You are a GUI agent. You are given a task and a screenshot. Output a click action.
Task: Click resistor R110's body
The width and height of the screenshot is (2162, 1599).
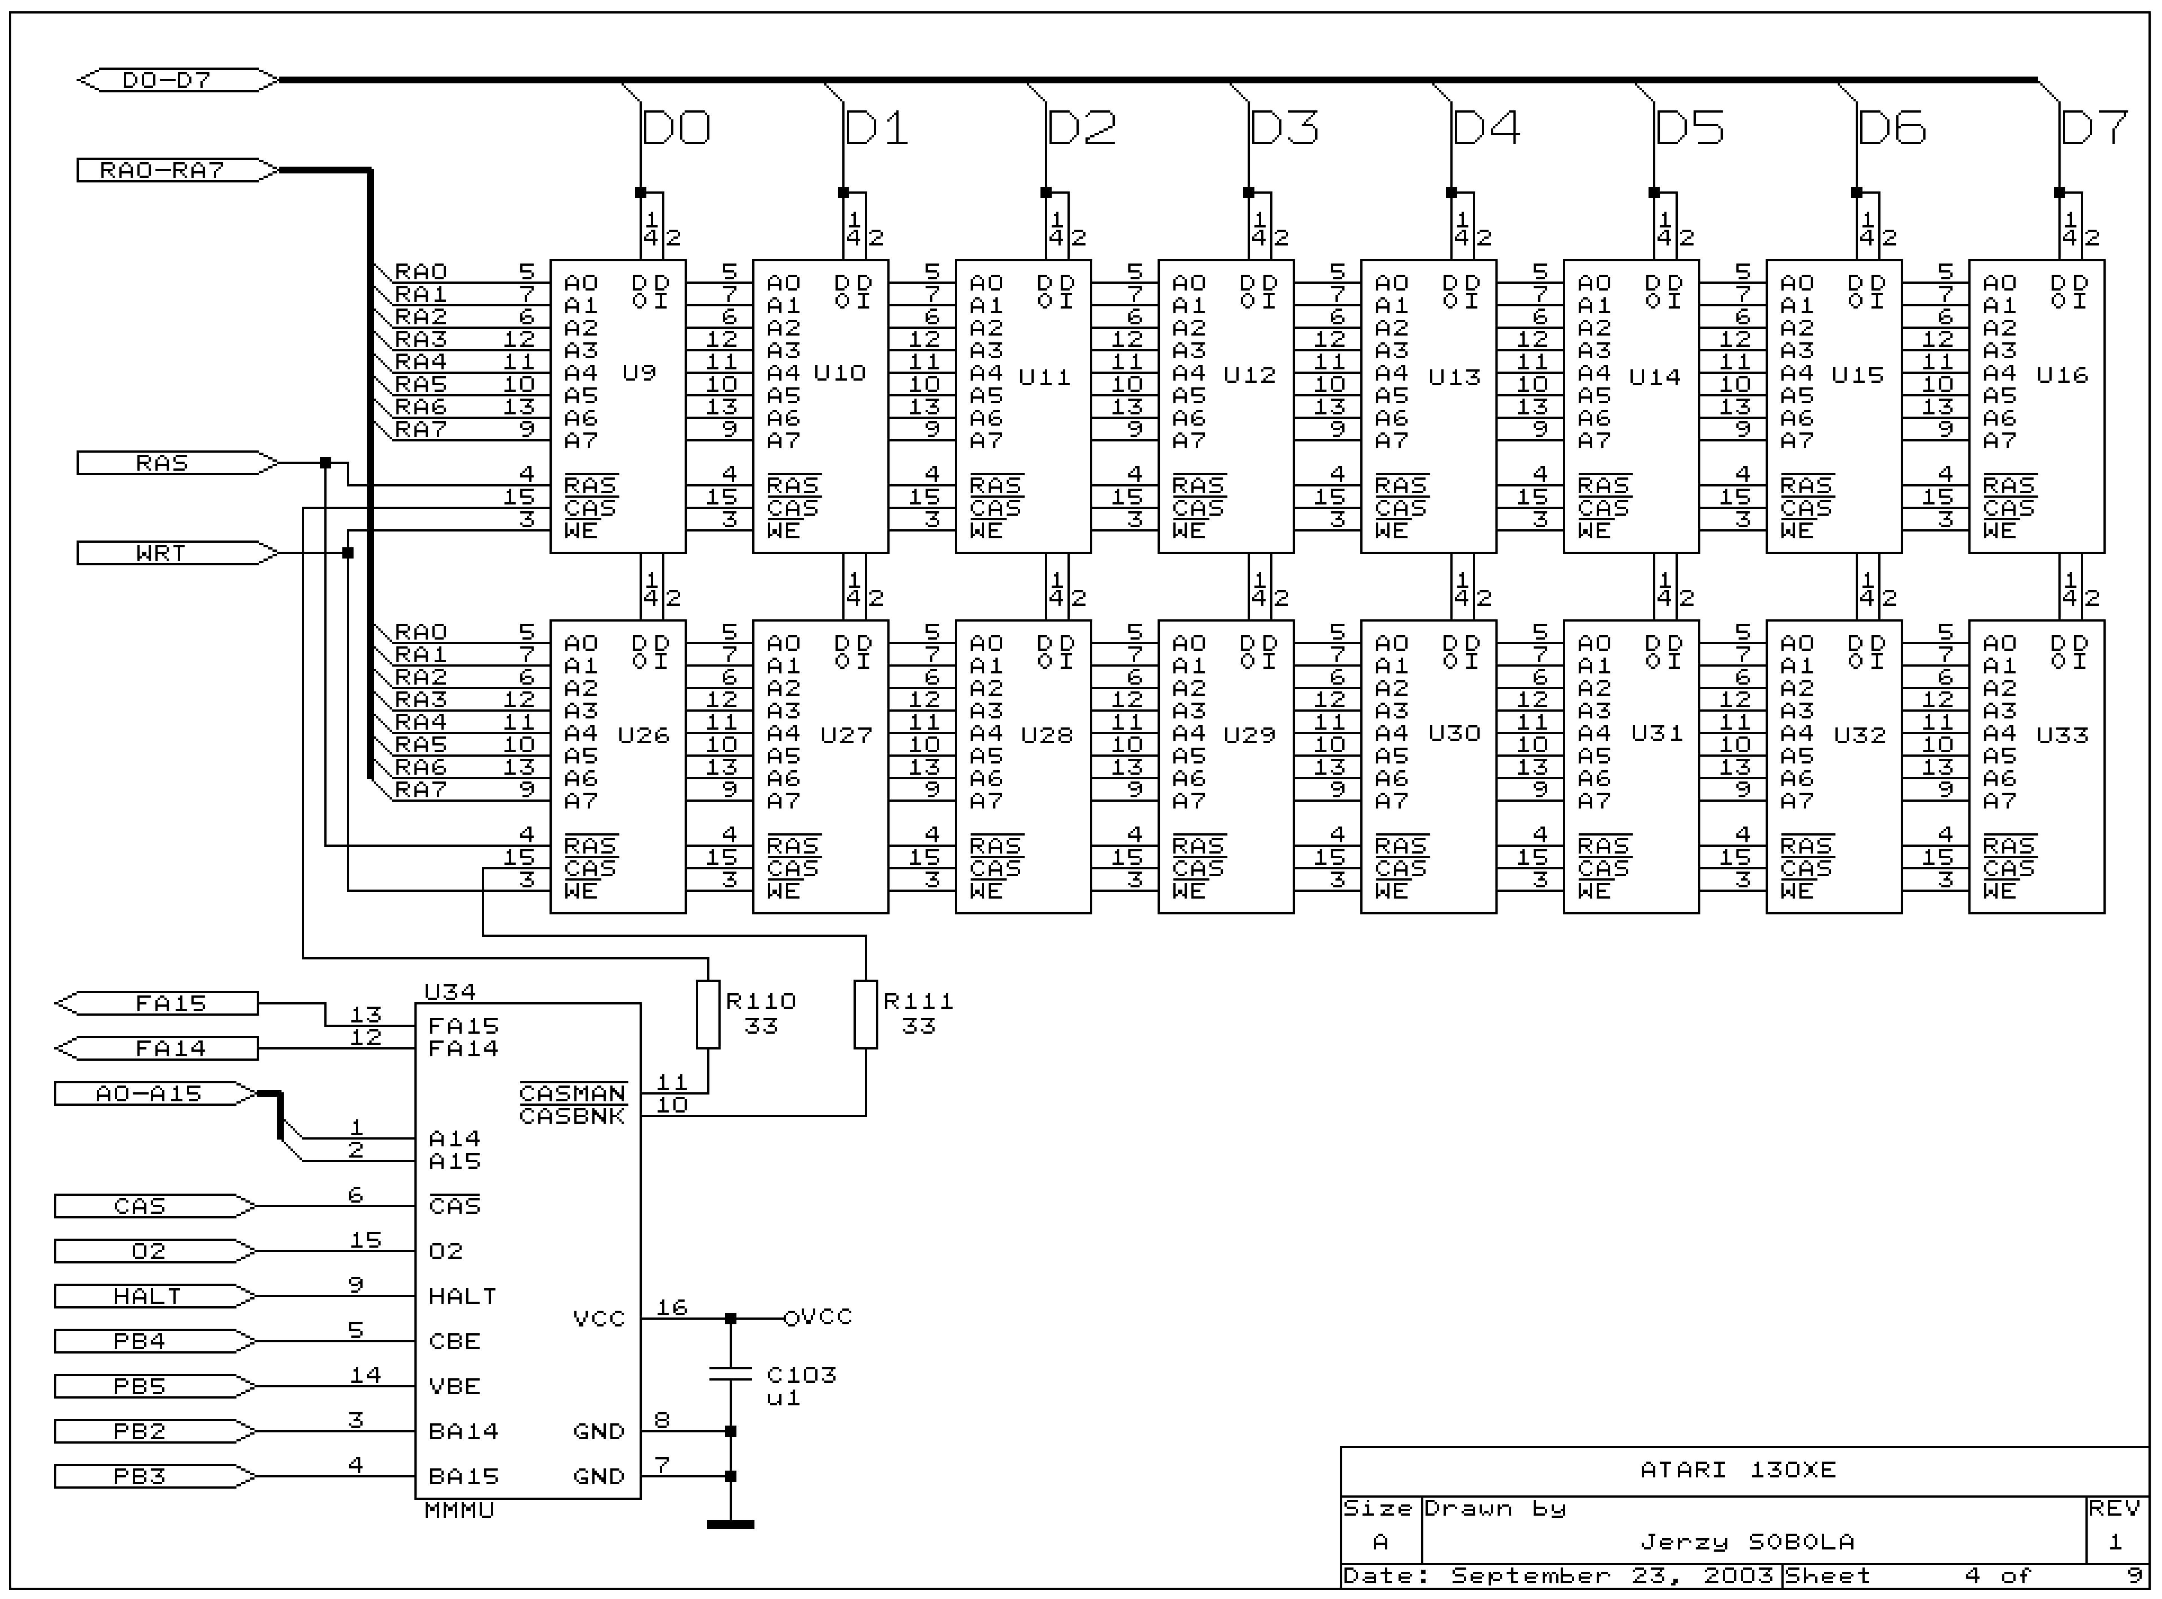[708, 1015]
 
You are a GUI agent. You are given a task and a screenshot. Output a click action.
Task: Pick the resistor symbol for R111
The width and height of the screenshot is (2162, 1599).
[865, 1015]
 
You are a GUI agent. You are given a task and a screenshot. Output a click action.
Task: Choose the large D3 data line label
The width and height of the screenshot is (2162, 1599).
[1283, 128]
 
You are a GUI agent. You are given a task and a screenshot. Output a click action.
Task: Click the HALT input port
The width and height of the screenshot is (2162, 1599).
[147, 1296]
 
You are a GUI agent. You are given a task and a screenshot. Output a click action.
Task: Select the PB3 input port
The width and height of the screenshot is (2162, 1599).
[140, 1476]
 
